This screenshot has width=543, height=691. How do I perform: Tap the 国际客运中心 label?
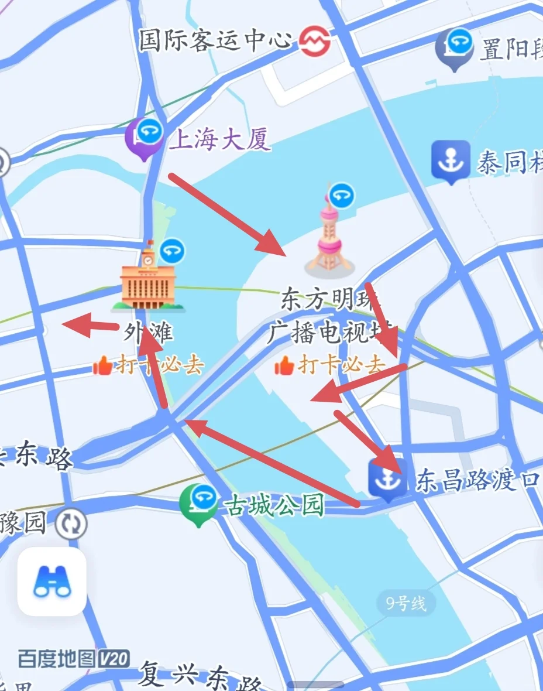click(x=215, y=40)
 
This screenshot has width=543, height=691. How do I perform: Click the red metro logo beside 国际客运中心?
click(x=315, y=42)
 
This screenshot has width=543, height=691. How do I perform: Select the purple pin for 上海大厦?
click(x=144, y=136)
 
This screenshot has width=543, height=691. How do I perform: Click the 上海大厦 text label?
click(x=220, y=139)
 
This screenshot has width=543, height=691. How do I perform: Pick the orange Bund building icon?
click(x=148, y=282)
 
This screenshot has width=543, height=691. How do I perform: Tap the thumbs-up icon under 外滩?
click(x=102, y=366)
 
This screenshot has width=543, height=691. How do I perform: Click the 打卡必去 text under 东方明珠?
click(x=341, y=365)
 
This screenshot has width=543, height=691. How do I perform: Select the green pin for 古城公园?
click(x=198, y=503)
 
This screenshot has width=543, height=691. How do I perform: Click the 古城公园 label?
click(x=273, y=505)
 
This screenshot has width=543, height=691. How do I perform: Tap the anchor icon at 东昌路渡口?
click(x=387, y=479)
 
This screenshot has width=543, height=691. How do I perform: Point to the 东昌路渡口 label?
click(x=477, y=481)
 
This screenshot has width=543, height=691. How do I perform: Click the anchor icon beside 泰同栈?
click(x=451, y=159)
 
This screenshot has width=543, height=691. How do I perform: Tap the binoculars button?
click(x=52, y=581)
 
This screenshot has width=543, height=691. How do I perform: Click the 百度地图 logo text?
click(x=56, y=658)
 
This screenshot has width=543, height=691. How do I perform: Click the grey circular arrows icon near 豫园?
click(x=71, y=523)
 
